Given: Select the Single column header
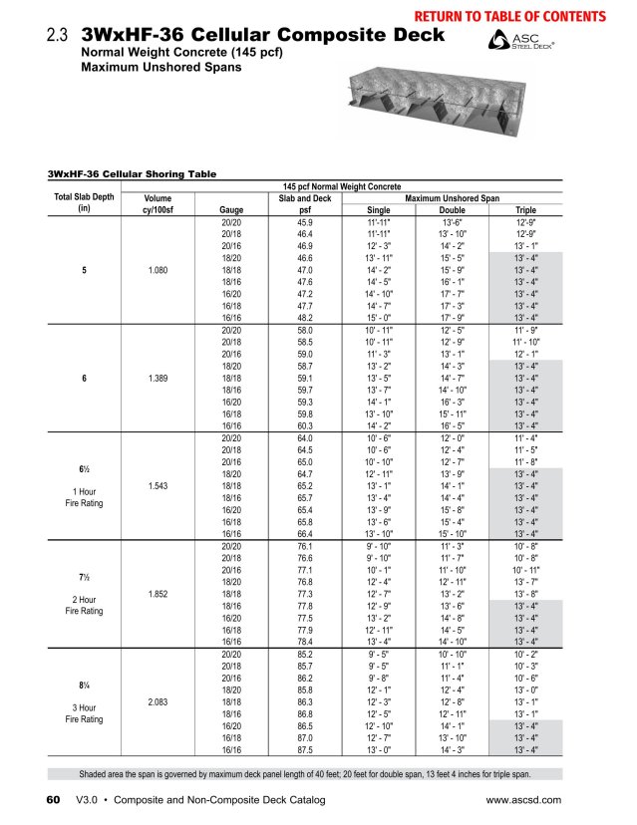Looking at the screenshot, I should (379, 210).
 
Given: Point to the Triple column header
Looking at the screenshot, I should (525, 210).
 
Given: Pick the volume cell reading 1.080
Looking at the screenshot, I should (158, 269).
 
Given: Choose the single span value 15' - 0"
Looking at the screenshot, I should (379, 317).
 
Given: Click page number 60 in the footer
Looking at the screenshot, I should (54, 800).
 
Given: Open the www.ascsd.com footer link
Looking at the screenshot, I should (523, 800).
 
